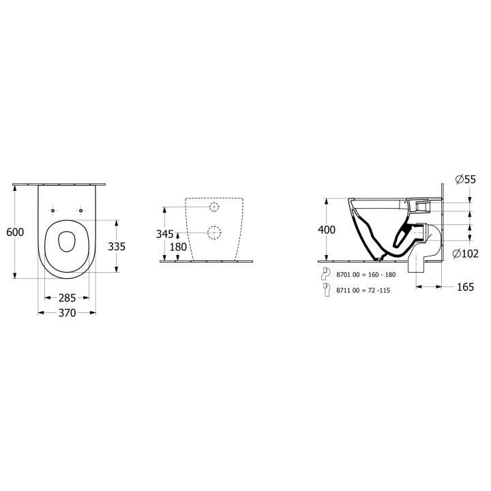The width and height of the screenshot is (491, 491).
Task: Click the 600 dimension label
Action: pyautogui.click(x=15, y=232)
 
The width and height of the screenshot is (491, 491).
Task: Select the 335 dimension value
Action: pyautogui.click(x=117, y=246)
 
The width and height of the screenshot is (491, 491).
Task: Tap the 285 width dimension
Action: pyautogui.click(x=67, y=298)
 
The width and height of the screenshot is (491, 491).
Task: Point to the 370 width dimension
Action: pyautogui.click(x=67, y=312)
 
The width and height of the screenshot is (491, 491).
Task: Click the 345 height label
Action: pyautogui.click(x=165, y=234)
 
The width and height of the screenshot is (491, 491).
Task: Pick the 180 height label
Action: pyautogui.click(x=178, y=247)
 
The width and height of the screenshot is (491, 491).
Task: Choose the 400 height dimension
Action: pyautogui.click(x=327, y=230)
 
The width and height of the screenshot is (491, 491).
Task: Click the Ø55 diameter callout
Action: pyautogui.click(x=466, y=179)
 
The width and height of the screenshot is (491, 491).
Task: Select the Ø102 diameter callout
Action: pyautogui.click(x=466, y=253)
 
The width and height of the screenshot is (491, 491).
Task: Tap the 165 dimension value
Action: pyautogui.click(x=465, y=287)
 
